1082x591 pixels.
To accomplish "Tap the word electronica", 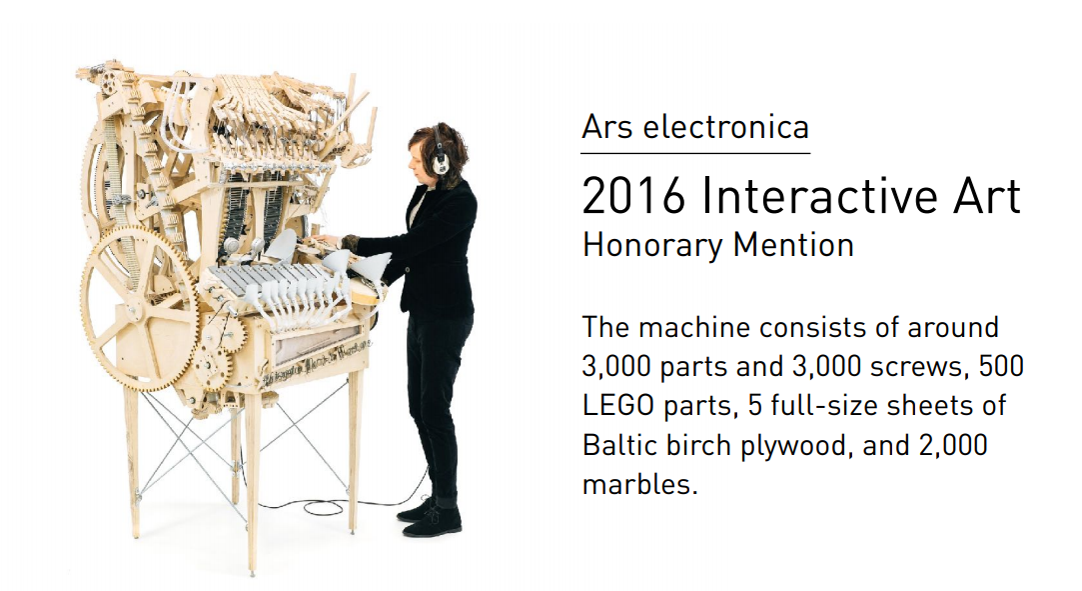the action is [x=726, y=127].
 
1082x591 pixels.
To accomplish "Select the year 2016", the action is [x=633, y=197].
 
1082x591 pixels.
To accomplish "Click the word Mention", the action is [x=793, y=245].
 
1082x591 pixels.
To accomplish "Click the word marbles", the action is [x=639, y=484].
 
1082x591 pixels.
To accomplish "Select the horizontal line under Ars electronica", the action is [x=695, y=153].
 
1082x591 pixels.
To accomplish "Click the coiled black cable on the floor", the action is [x=325, y=507].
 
